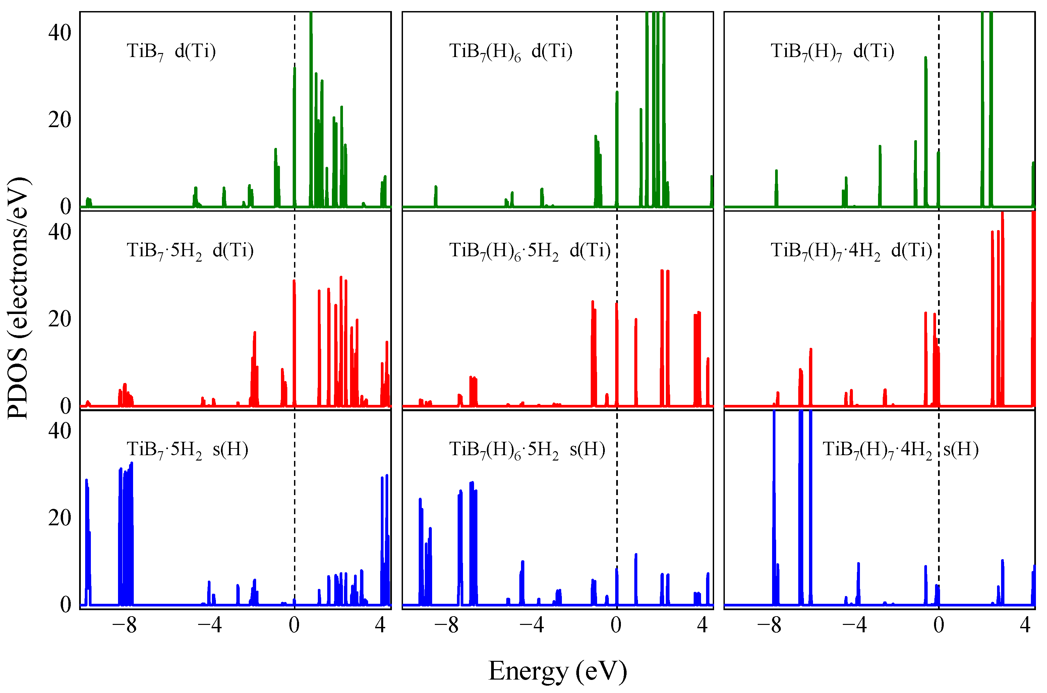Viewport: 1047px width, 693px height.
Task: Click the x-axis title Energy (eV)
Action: point(558,671)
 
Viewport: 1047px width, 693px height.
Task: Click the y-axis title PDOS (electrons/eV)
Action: point(18,298)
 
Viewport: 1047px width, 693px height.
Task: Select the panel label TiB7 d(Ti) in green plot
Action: point(171,52)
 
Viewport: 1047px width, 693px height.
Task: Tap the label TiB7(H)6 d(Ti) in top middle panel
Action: point(511,52)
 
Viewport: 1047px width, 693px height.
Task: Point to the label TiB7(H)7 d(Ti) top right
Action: point(832,52)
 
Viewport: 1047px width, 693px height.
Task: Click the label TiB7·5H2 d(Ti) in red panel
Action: point(190,251)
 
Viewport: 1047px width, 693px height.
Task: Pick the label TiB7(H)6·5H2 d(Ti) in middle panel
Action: point(530,251)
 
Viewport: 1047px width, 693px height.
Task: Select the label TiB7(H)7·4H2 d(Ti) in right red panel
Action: point(851,251)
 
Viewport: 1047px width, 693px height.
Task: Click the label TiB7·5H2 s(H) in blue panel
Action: point(187,450)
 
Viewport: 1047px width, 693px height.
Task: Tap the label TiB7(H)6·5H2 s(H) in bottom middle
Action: point(527,450)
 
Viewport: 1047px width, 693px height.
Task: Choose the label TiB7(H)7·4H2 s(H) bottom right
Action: point(900,450)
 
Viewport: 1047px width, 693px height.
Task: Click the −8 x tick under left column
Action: point(125,625)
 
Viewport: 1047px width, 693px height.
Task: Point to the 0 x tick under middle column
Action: point(616,625)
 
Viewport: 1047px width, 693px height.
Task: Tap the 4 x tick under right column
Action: point(1025,625)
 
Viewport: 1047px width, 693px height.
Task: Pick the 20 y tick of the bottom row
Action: point(60,518)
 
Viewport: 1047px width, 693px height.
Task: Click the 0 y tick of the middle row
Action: point(65,406)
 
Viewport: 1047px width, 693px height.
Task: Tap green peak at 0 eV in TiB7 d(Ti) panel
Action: point(294,132)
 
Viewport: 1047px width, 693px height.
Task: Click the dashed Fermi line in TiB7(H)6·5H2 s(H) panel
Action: point(617,486)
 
